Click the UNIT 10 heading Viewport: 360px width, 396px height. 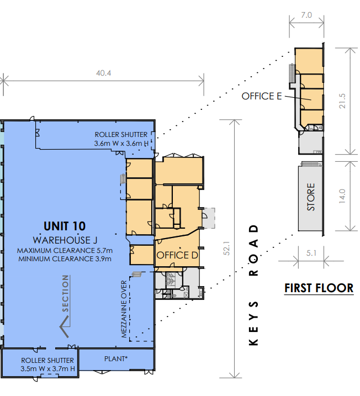[x=65, y=226]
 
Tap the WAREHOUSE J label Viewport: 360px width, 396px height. [x=65, y=240]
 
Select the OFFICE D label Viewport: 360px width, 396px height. [x=177, y=255]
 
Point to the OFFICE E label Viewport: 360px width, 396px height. [x=262, y=96]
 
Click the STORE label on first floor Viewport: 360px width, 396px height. [x=311, y=197]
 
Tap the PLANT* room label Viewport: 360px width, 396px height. [x=116, y=358]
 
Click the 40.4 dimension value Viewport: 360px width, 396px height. [x=103, y=73]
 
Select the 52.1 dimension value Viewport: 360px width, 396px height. [x=226, y=248]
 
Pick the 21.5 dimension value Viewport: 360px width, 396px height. [x=342, y=101]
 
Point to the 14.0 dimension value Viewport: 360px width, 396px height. [x=342, y=196]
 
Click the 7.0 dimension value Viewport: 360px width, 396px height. [x=306, y=15]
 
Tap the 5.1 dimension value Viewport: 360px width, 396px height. [x=311, y=253]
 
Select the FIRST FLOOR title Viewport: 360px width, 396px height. [x=319, y=288]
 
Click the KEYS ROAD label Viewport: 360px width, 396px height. [x=253, y=285]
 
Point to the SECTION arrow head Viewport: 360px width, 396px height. [x=65, y=326]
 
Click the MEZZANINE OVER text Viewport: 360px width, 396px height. [x=124, y=309]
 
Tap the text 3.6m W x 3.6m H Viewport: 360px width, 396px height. [x=121, y=144]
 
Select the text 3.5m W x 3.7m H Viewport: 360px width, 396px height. [x=47, y=368]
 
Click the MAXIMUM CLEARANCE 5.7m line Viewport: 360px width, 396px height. [x=65, y=251]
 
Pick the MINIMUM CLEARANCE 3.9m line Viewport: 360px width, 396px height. [x=65, y=259]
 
